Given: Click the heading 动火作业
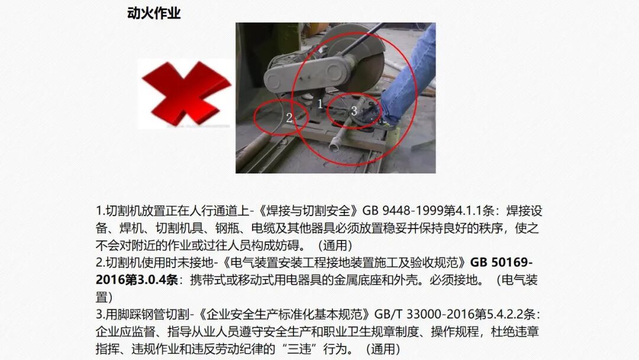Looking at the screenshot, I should coord(154,13).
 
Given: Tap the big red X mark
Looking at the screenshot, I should coord(178,94).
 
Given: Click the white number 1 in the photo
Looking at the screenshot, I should coord(320,104).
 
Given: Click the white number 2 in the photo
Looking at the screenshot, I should coord(289,117).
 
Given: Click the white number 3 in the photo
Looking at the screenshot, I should coord(354,110).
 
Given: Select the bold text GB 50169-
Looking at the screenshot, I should coord(504,262).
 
